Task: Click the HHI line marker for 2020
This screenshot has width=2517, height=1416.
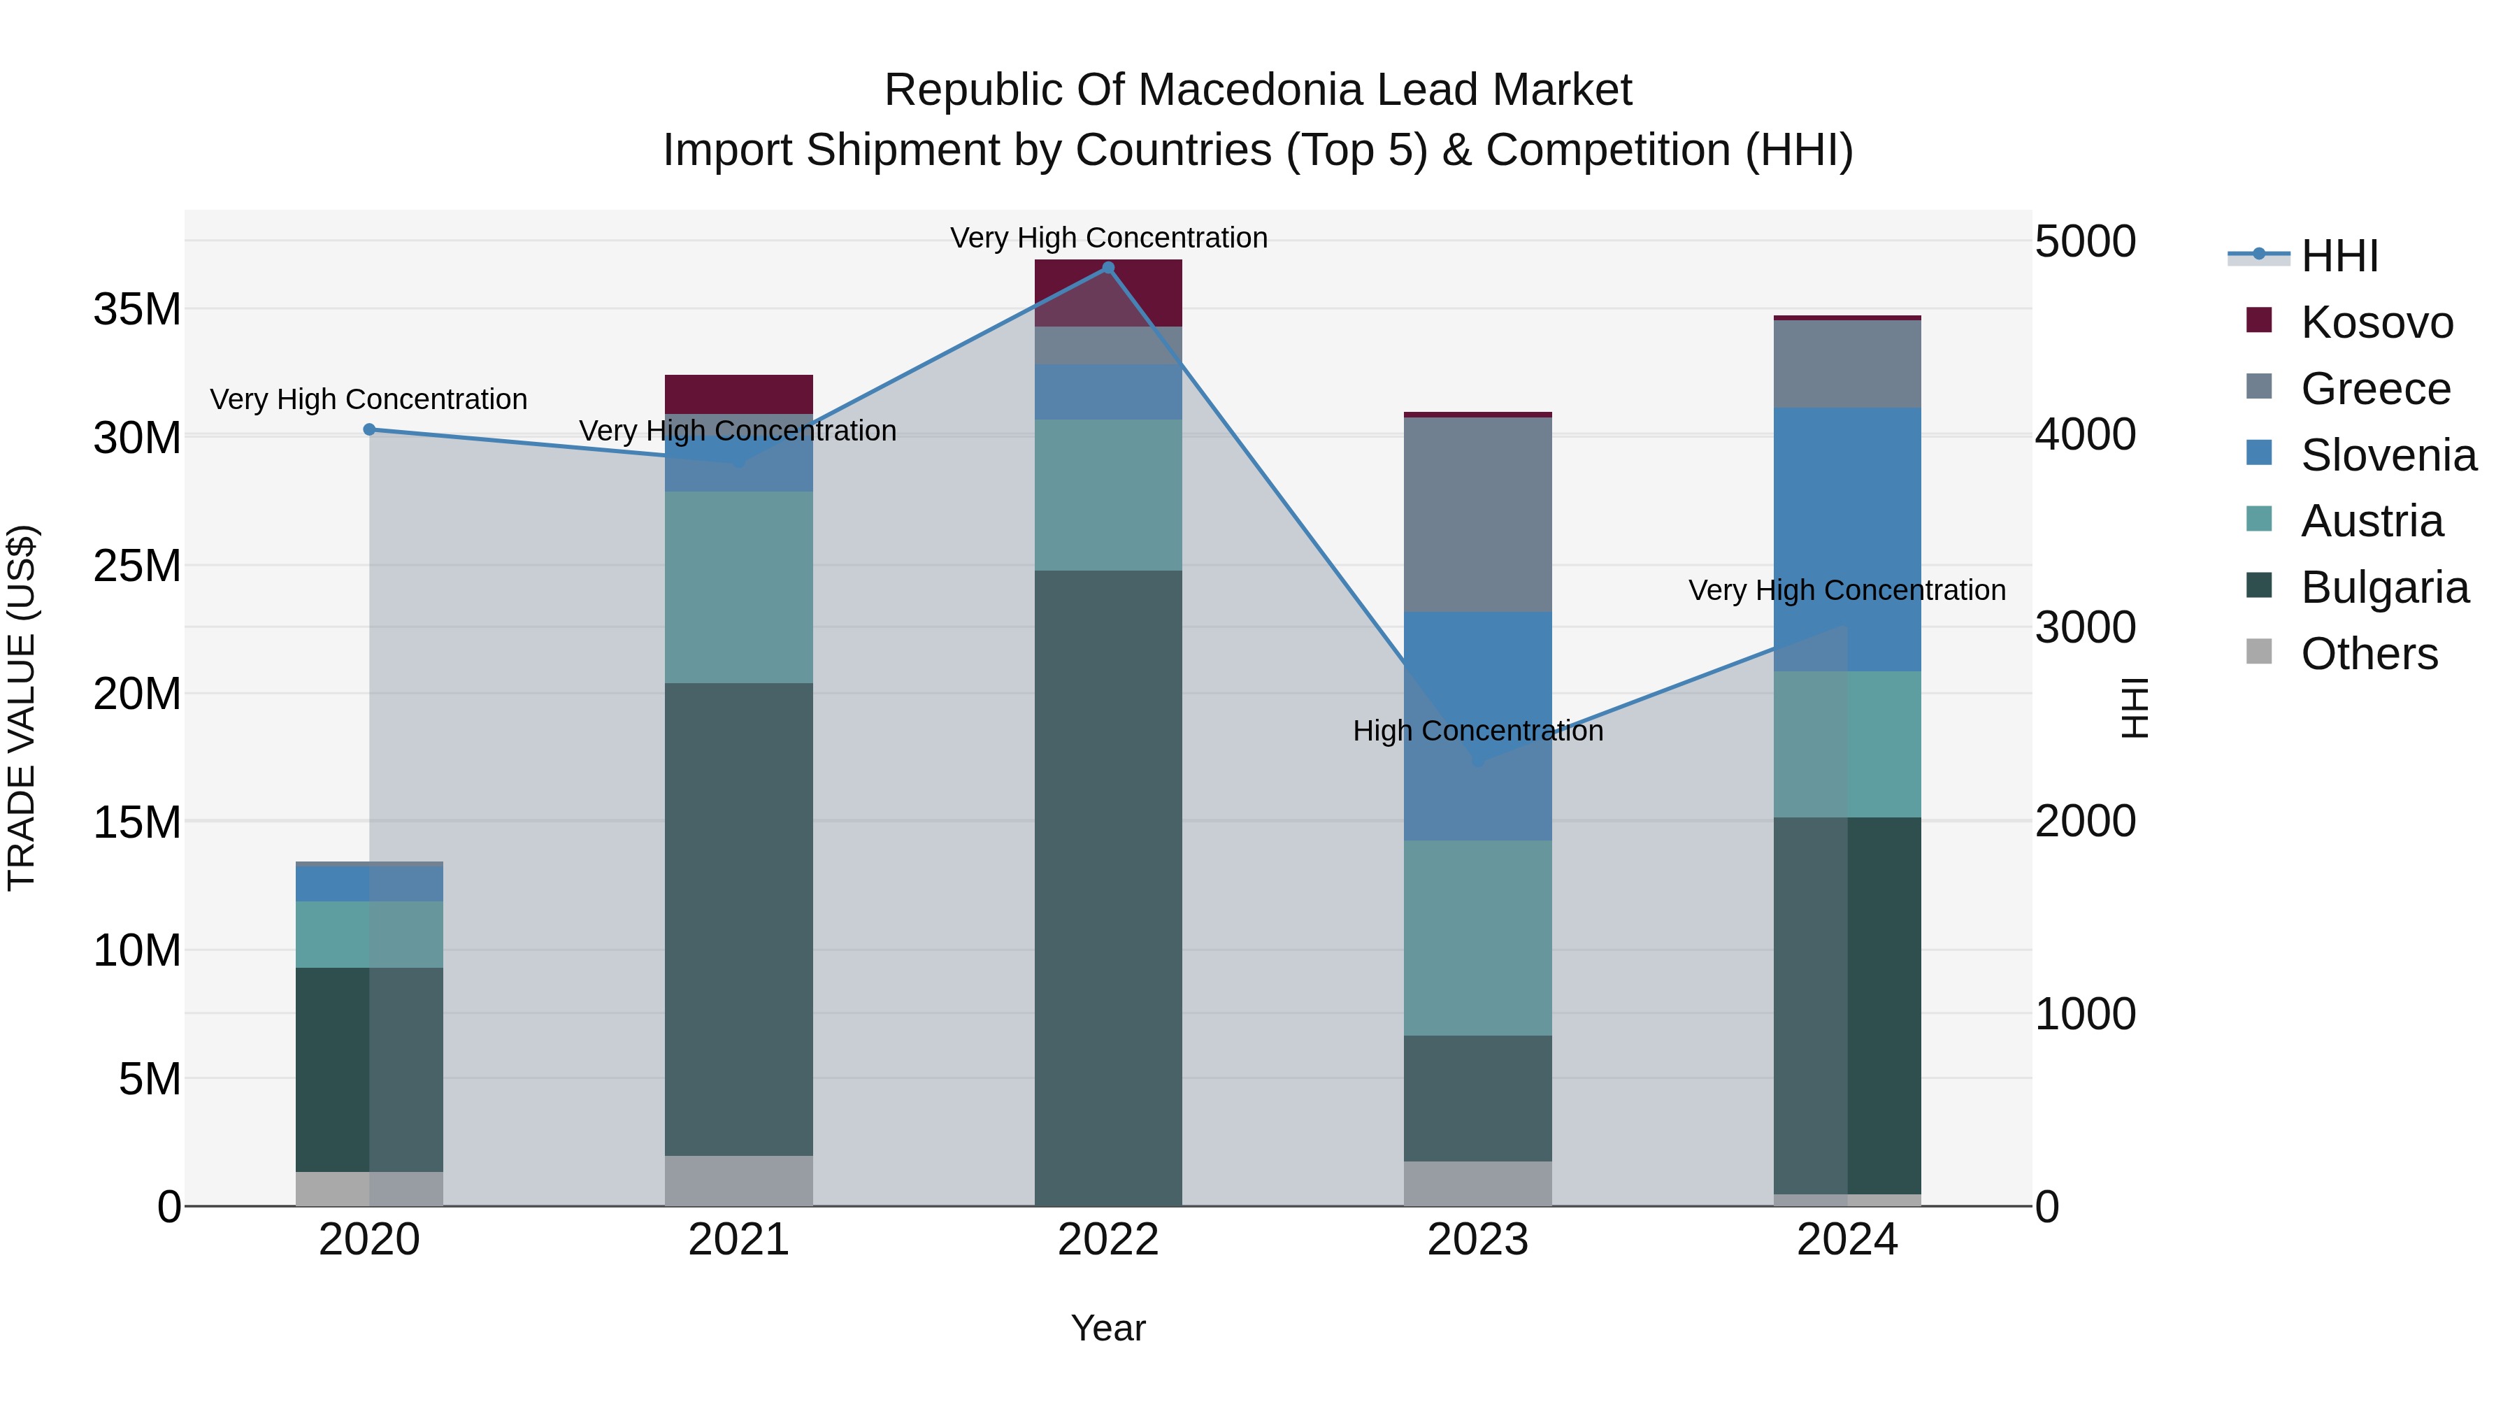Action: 369,430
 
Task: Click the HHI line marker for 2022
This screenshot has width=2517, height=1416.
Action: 1108,269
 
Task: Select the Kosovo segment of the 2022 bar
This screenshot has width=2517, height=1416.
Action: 1108,293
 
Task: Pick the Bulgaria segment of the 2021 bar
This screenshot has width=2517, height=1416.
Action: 739,919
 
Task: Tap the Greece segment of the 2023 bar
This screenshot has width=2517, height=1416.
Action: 1477,515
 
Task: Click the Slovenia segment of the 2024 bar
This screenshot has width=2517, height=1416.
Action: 1846,539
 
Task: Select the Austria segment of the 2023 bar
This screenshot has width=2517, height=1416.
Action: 1477,938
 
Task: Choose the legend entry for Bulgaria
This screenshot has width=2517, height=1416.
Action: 2383,587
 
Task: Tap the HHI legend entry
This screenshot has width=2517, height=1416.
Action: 2338,256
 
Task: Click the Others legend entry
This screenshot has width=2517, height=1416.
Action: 2369,654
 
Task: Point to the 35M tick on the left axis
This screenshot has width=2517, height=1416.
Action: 137,310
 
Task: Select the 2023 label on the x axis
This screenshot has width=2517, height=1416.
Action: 1477,1240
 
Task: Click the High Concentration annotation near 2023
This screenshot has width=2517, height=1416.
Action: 1477,731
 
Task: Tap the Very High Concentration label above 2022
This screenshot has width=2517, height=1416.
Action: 1108,238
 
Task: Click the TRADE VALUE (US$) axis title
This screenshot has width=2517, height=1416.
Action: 22,708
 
